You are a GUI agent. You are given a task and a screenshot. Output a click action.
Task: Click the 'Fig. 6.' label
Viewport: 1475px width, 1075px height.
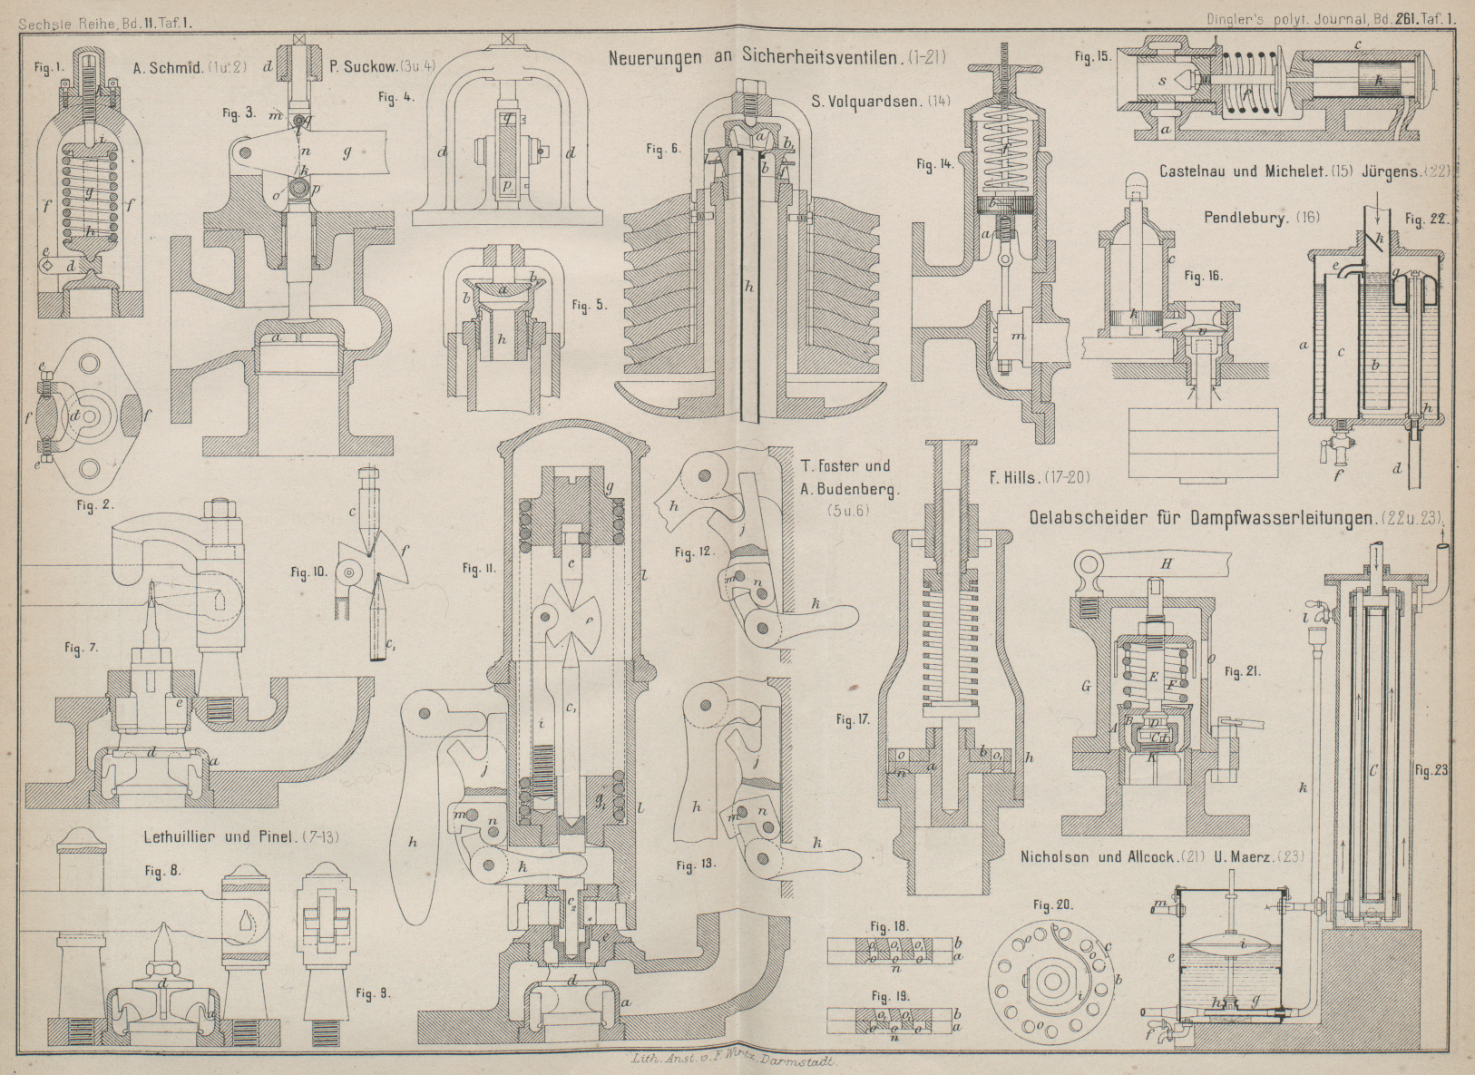coord(661,149)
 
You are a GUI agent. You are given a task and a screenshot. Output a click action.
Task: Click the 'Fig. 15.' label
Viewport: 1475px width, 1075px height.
coord(1092,54)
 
